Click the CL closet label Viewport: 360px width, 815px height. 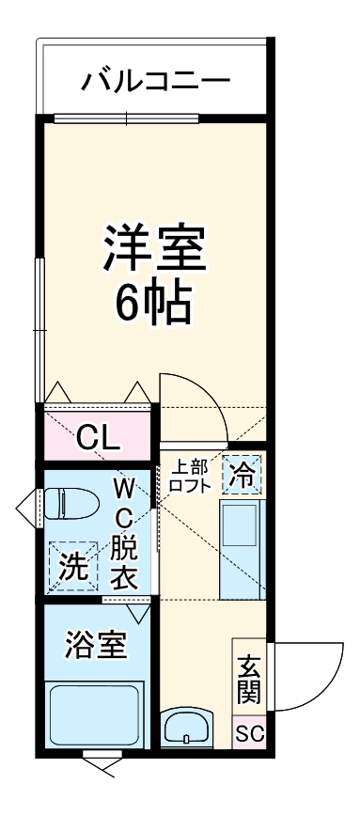(x=97, y=436)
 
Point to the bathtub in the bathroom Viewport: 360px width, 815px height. (x=94, y=716)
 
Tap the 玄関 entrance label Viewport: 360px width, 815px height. (x=248, y=682)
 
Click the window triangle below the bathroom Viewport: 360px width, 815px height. (x=100, y=766)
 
